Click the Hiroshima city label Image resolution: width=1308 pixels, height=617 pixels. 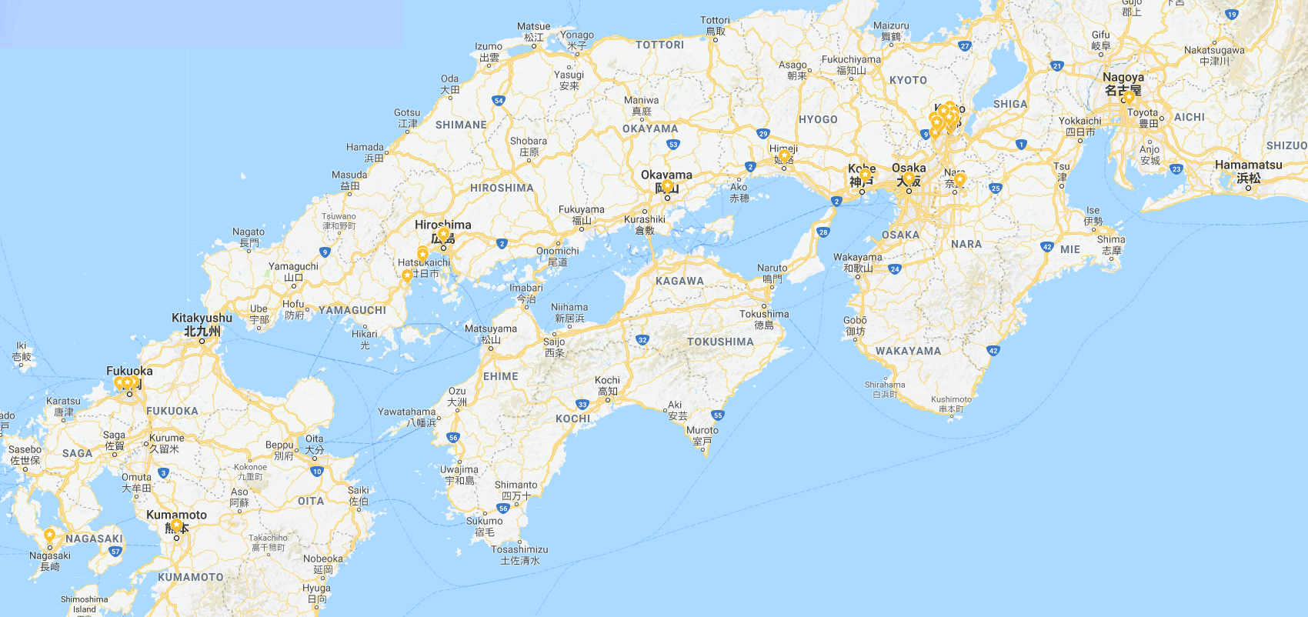point(442,225)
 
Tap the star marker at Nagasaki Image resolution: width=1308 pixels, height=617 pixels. point(49,535)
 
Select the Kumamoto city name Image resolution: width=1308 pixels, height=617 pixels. point(176,515)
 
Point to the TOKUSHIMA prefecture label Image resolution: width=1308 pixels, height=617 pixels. point(720,342)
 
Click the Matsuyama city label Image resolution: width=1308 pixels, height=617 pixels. point(490,329)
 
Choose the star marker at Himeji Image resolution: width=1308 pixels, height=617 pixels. point(784,155)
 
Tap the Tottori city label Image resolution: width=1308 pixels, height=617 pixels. point(715,21)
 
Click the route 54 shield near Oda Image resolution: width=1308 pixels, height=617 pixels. point(499,101)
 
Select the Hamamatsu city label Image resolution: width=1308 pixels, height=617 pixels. point(1248,165)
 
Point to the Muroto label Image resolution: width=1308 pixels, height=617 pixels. point(702,430)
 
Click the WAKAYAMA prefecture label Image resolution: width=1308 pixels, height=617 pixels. point(908,351)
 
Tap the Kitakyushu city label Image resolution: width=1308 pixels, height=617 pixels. point(202,318)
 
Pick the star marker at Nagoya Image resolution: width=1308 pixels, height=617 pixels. point(1129,97)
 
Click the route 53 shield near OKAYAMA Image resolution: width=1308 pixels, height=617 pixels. point(673,144)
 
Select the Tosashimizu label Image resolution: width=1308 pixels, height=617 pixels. point(519,549)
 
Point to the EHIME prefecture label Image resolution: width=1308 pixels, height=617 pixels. point(500,376)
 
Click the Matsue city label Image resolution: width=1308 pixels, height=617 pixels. point(533,26)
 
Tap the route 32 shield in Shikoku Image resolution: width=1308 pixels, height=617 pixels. point(642,339)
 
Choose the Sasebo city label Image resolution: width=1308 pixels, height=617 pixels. point(25,449)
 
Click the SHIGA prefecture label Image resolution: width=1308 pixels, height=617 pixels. point(1009,104)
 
